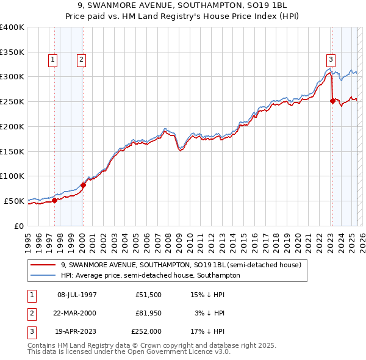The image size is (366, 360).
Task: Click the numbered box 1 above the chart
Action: pos(52,59)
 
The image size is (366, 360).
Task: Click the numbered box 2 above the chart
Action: pos(81,59)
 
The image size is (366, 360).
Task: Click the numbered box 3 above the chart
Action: pos(331,59)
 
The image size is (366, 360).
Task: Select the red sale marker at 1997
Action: pos(54,200)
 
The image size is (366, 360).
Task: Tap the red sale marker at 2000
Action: pos(84,184)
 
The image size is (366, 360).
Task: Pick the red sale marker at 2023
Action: pos(332,101)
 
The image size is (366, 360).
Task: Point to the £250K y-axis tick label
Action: pos(12,101)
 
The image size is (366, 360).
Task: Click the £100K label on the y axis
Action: pos(12,176)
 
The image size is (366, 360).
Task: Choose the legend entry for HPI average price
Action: pos(150,276)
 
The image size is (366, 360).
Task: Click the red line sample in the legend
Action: pos(43,265)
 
